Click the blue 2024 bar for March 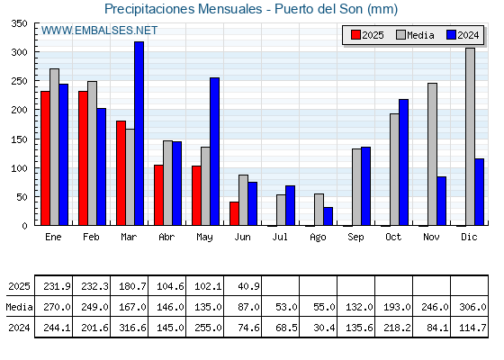(139, 133)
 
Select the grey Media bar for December (470, 137)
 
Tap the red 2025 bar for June (234, 213)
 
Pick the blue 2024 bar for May (215, 151)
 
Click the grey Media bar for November (432, 154)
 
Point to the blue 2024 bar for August (328, 216)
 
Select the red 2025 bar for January (45, 158)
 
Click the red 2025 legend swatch (355, 35)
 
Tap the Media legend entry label (420, 35)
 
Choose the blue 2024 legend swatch (451, 35)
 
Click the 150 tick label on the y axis (19, 139)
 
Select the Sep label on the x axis (355, 238)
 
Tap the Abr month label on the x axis (166, 238)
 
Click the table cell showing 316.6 (130, 328)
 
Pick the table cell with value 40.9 (243, 286)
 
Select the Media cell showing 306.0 (470, 307)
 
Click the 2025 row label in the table (19, 286)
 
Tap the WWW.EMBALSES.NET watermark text (99, 31)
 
